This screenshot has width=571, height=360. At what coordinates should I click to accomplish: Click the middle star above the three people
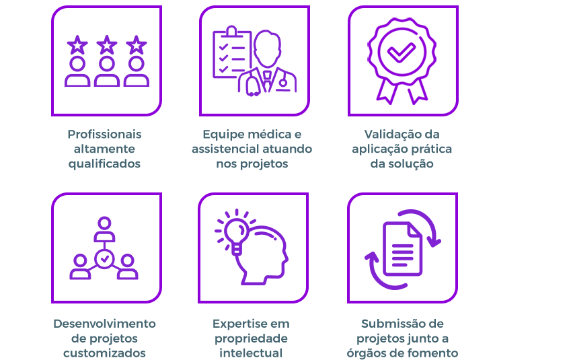(x=107, y=46)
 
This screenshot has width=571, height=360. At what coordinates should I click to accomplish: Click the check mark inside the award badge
(x=402, y=51)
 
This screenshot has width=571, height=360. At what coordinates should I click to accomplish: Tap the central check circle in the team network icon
(x=104, y=258)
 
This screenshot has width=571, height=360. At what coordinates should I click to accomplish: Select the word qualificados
(x=104, y=164)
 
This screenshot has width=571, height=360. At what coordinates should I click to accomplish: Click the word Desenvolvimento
(x=104, y=324)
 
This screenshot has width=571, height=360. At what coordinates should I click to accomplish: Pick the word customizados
(x=104, y=353)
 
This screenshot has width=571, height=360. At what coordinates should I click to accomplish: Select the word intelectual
(x=251, y=353)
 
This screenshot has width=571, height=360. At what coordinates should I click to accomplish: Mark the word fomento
(x=434, y=353)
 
